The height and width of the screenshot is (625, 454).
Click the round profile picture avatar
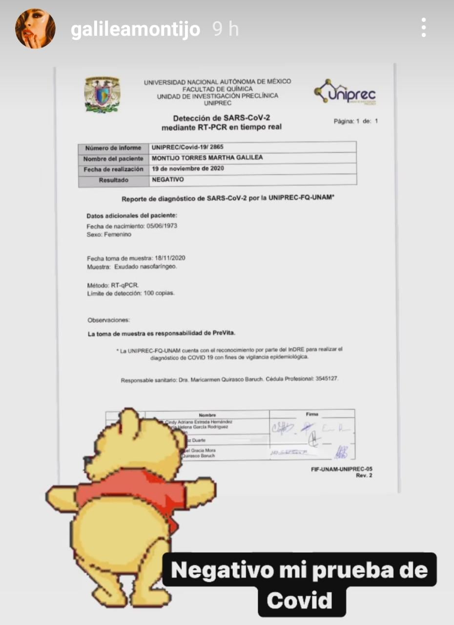pos(35,28)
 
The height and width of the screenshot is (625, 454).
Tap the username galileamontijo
pos(135,30)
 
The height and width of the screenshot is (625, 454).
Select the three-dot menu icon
pos(424,28)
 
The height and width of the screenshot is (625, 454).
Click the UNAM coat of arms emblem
pos(102,94)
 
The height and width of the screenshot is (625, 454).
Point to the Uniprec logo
pos(346,92)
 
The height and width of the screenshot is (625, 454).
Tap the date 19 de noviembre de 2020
pos(188,169)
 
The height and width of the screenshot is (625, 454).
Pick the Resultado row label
pos(113,180)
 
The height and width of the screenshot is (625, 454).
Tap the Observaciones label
pos(108,320)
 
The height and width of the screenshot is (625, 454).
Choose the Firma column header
pos(312,414)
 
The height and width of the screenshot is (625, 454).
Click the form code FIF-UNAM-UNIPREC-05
pos(341,469)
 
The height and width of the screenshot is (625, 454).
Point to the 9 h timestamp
pos(226,30)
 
